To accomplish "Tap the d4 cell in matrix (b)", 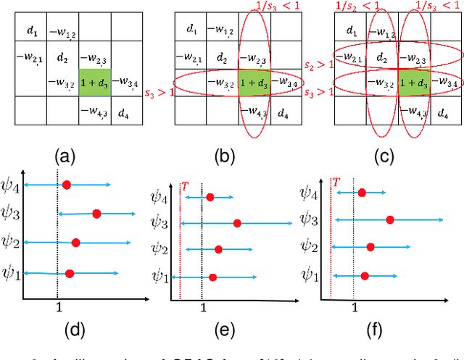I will click(x=283, y=114).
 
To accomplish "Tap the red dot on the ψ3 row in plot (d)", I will click(x=96, y=214).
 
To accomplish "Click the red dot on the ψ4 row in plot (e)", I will click(x=210, y=197).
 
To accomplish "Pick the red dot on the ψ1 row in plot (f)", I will click(x=365, y=275).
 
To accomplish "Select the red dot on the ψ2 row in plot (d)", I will click(x=75, y=242).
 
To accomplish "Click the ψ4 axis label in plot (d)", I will click(x=12, y=186).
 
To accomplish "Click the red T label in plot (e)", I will click(x=184, y=186).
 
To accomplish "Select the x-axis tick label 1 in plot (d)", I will click(x=58, y=307).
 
